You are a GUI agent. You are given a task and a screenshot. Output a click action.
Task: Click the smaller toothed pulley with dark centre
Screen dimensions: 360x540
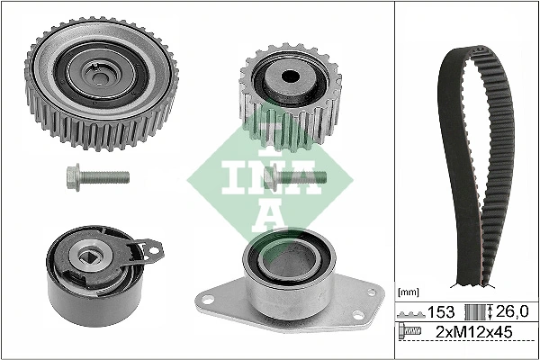(285, 94)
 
